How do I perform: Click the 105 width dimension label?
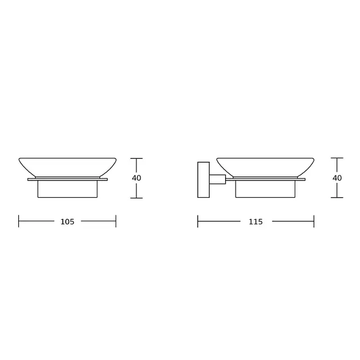(x=67, y=222)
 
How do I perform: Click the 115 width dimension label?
(x=255, y=222)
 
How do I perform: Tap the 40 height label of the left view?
(x=137, y=178)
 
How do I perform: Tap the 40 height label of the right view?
(x=337, y=178)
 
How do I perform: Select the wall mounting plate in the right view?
(x=203, y=180)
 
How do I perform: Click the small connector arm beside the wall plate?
(x=217, y=179)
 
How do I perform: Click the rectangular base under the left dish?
(x=67, y=189)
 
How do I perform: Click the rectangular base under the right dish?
(x=265, y=189)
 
